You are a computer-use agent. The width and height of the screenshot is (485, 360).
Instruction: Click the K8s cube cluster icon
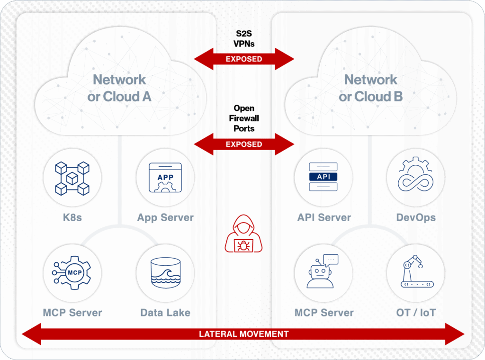72,178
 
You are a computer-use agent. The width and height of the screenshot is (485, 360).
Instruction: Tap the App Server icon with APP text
165,178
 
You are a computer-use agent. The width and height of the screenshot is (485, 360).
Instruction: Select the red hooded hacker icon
243,233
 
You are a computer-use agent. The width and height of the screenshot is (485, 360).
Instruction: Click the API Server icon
323,177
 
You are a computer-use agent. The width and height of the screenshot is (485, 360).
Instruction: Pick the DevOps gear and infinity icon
415,177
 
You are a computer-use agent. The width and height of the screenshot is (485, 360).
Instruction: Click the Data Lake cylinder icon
165,273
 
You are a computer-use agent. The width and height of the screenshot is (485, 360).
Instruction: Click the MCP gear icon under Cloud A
72,273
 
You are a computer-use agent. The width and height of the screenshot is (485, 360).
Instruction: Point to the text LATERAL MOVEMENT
243,334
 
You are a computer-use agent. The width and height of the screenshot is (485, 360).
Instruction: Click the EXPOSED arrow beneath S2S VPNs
243,59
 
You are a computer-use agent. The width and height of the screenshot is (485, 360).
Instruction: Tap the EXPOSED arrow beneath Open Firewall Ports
243,144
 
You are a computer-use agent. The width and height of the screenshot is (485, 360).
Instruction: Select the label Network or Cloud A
119,88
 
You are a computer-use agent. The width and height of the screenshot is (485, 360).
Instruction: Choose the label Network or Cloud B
370,88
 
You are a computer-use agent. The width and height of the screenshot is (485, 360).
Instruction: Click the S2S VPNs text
243,38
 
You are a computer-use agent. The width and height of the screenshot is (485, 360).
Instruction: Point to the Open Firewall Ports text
243,118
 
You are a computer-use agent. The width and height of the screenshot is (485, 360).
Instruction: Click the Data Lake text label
165,313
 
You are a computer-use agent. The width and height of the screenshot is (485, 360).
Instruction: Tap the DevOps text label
415,218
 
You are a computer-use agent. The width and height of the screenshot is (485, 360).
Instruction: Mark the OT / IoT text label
415,313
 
